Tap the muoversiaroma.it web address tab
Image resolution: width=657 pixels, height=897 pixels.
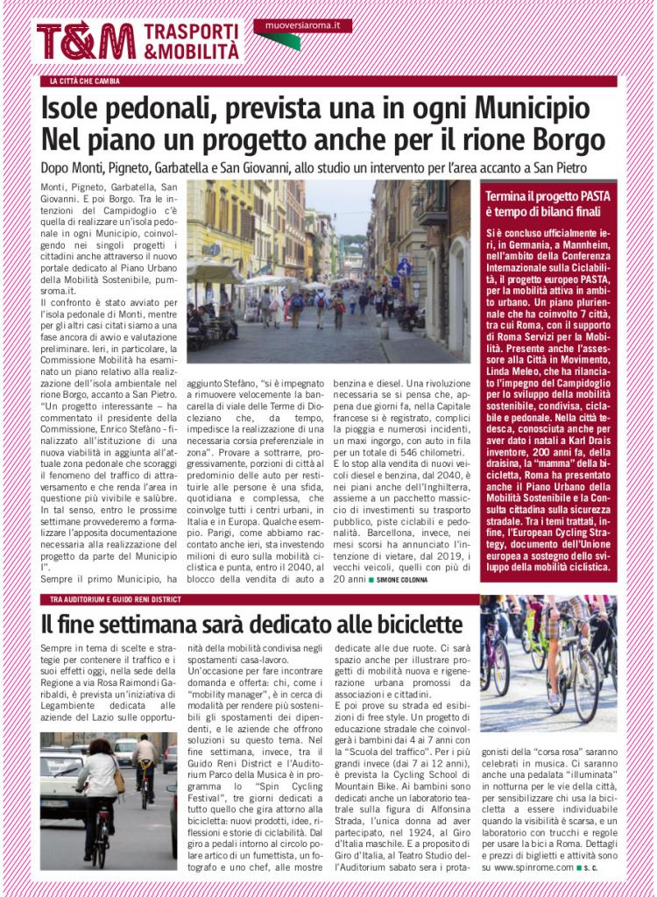tap(302, 25)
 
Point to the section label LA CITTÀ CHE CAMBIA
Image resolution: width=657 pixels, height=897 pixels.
tap(85, 81)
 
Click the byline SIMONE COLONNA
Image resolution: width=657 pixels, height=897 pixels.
tap(411, 581)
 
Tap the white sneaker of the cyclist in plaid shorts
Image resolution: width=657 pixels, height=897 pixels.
tap(554, 698)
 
